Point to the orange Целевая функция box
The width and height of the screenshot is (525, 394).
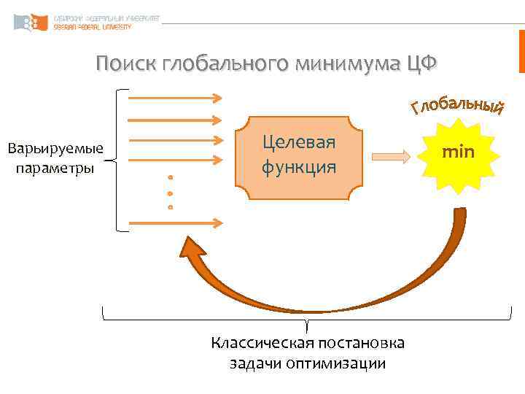coord(300,157)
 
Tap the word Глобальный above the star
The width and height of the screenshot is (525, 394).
coord(456,105)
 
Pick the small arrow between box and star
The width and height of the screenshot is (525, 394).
coord(391,155)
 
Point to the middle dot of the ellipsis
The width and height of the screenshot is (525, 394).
coord(170,193)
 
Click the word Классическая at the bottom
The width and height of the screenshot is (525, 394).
coord(262,343)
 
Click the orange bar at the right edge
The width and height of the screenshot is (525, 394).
coord(521,51)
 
